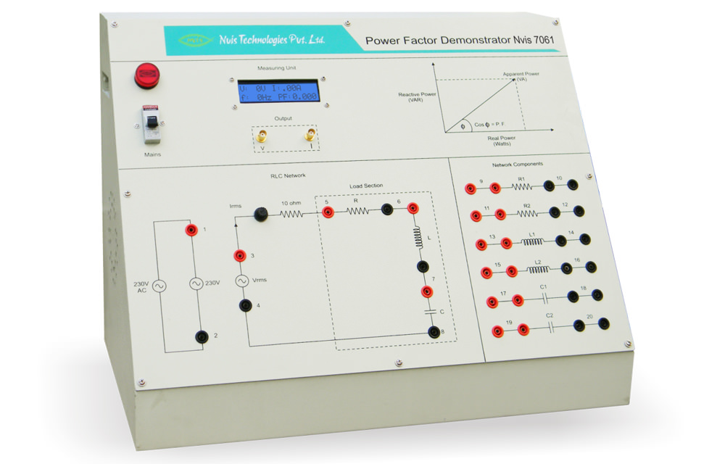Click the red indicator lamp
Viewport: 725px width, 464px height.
coord(146,75)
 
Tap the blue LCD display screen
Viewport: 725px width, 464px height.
coord(279,91)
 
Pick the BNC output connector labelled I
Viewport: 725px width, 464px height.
coord(311,135)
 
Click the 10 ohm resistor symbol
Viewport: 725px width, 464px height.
coord(291,214)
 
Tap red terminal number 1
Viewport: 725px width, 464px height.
coord(191,230)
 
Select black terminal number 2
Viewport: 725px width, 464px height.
coord(201,336)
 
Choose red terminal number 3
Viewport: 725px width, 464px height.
coord(239,255)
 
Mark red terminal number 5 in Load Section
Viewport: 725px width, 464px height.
coord(328,212)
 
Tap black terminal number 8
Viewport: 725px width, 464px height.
coord(434,332)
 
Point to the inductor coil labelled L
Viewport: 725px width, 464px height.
coord(418,238)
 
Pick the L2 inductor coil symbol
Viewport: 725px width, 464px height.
coord(537,270)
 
